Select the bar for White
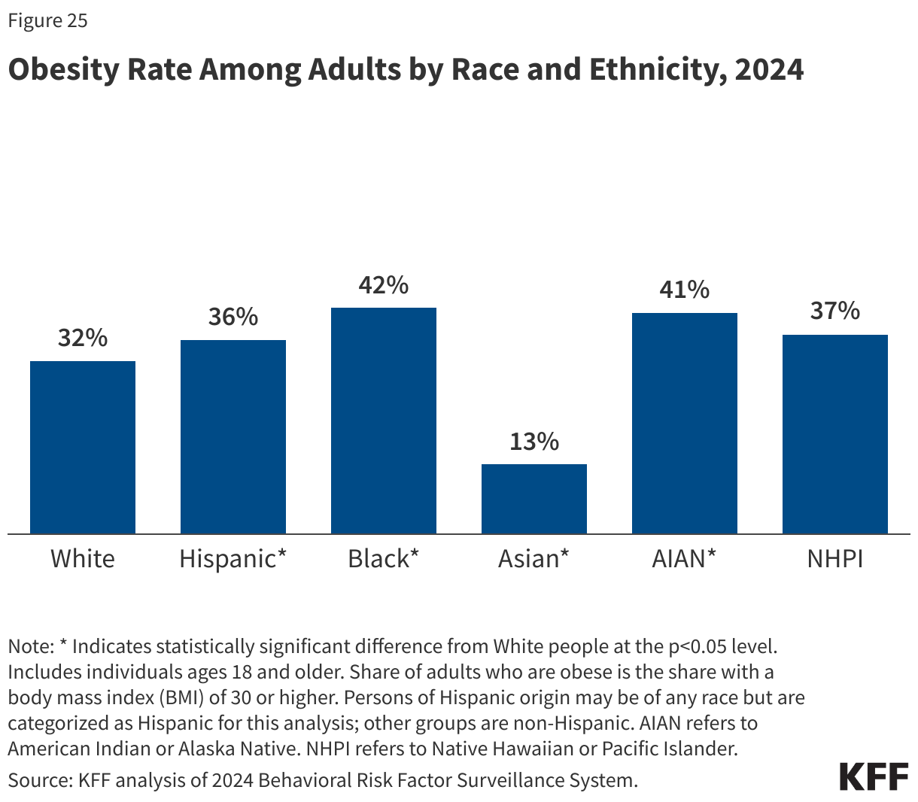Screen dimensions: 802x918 point(83,448)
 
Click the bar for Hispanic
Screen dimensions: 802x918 point(233,437)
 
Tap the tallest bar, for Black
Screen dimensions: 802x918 point(384,421)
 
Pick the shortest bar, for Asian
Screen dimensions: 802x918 point(534,499)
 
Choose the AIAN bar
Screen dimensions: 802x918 point(685,424)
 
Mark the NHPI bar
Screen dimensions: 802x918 point(835,434)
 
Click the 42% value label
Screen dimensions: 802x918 point(384,285)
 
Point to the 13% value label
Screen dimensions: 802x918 point(534,442)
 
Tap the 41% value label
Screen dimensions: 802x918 point(685,290)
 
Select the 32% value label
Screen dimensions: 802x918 point(83,339)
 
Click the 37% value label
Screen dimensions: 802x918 point(835,311)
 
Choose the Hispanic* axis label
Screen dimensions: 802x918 point(233,559)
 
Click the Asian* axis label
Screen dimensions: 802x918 point(534,559)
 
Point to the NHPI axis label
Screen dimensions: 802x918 point(835,559)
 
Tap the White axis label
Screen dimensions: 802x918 point(83,559)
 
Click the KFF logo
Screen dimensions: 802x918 point(874,777)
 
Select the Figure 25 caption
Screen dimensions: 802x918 point(47,21)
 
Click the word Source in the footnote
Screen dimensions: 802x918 point(38,780)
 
